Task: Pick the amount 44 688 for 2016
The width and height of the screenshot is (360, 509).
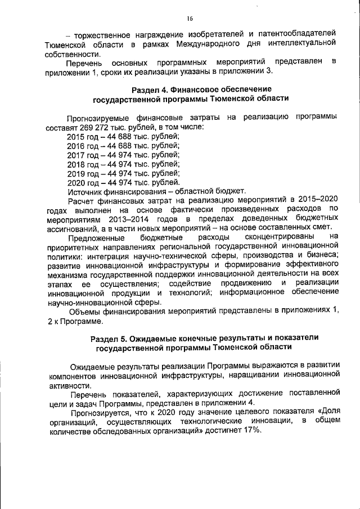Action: coord(122,146)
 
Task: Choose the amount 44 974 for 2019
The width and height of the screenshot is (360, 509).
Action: coord(122,173)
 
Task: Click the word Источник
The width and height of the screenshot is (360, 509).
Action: coord(85,191)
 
